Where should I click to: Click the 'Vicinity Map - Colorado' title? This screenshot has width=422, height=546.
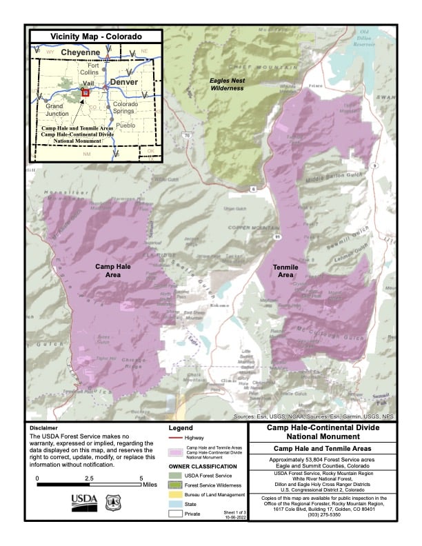pyautogui.click(x=96, y=36)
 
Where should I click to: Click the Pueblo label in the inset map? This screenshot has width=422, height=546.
pyautogui.click(x=125, y=125)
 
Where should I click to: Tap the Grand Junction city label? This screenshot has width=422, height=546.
pyautogui.click(x=54, y=111)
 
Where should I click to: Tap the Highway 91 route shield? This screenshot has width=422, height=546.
pyautogui.click(x=277, y=236)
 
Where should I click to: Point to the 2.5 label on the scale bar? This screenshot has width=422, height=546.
pyautogui.click(x=90, y=478)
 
